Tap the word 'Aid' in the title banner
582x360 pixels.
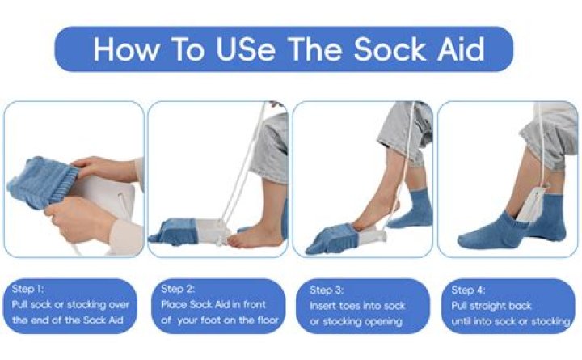pyautogui.click(x=461, y=49)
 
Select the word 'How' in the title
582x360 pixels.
pyautogui.click(x=126, y=49)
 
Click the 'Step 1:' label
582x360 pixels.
pyautogui.click(x=27, y=289)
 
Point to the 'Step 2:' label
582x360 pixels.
pyautogui.click(x=178, y=289)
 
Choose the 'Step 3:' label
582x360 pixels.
pyautogui.click(x=327, y=290)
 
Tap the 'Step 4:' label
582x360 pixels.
pyautogui.click(x=468, y=290)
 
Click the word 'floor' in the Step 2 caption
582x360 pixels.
pyautogui.click(x=268, y=320)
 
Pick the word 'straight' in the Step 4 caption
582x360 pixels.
pyautogui.click(x=491, y=306)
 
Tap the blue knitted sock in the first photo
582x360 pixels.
pyautogui.click(x=42, y=182)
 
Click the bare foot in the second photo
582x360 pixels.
pyautogui.click(x=255, y=237)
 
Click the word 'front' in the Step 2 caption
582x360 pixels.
pyautogui.click(x=255, y=305)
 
